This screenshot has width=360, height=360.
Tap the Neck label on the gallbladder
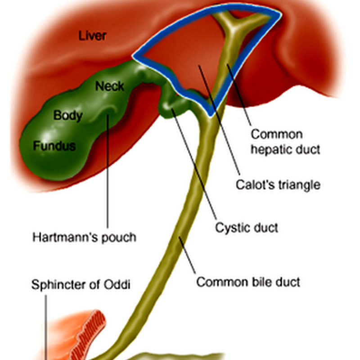pos(109,86)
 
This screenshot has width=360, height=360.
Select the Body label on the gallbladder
pos(68,115)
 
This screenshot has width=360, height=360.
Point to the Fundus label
pos(54,146)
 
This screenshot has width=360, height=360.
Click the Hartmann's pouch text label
pos(84,237)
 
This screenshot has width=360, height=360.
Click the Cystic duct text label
pos(246,227)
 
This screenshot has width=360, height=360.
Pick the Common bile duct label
pos(248,283)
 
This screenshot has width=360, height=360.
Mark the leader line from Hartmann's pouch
pos(108,180)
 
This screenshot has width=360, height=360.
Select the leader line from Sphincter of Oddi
pos(46,324)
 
